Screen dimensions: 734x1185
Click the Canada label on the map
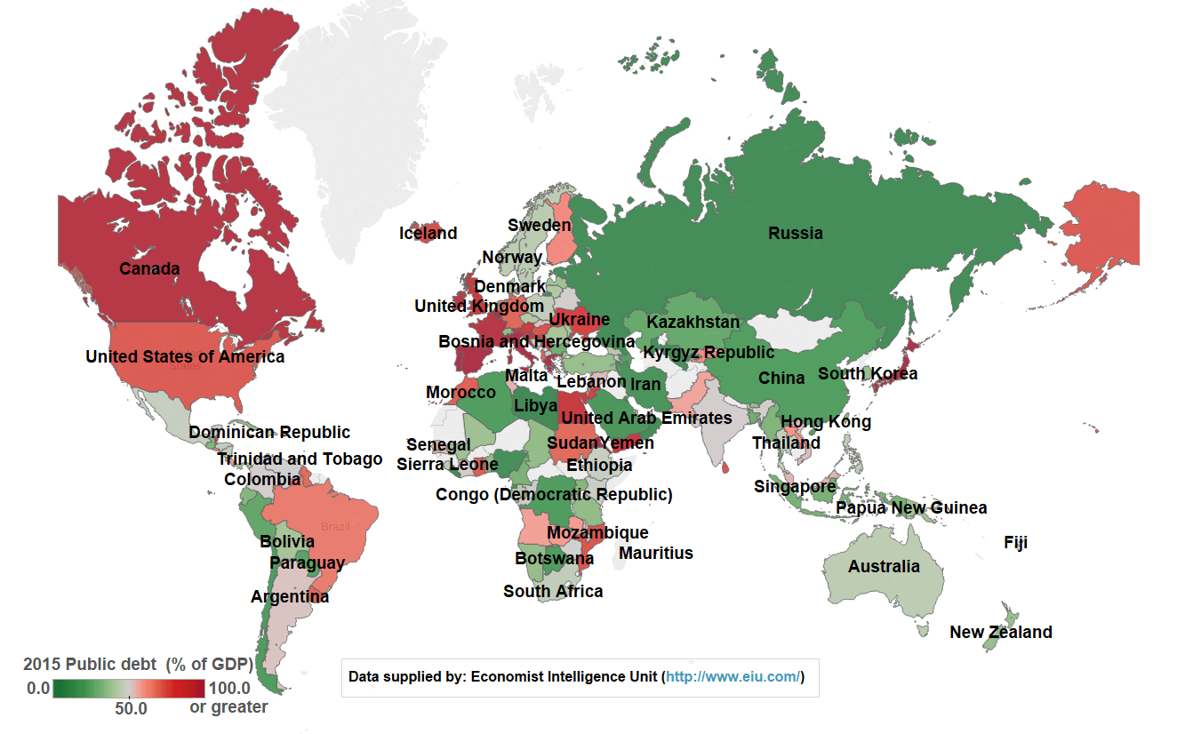(149, 268)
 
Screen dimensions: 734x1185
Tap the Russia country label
(796, 234)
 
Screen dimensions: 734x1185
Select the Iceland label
(428, 234)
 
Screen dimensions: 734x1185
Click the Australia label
(884, 567)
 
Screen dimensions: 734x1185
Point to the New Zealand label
(1000, 633)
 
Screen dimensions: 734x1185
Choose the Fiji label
(1015, 542)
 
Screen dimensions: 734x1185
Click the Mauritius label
(655, 554)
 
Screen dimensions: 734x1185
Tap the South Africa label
(553, 592)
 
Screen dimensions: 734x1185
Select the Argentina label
(290, 597)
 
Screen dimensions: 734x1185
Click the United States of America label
(185, 357)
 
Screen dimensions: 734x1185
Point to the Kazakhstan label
(693, 322)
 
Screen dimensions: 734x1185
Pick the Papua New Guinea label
(911, 508)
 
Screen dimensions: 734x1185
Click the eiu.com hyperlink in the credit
(733, 677)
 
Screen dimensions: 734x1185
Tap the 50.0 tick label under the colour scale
(130, 709)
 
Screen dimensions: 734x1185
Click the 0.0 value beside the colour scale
(37, 688)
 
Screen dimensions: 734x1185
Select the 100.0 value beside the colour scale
(228, 688)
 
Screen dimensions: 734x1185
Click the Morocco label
(460, 393)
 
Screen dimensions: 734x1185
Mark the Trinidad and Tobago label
(300, 459)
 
